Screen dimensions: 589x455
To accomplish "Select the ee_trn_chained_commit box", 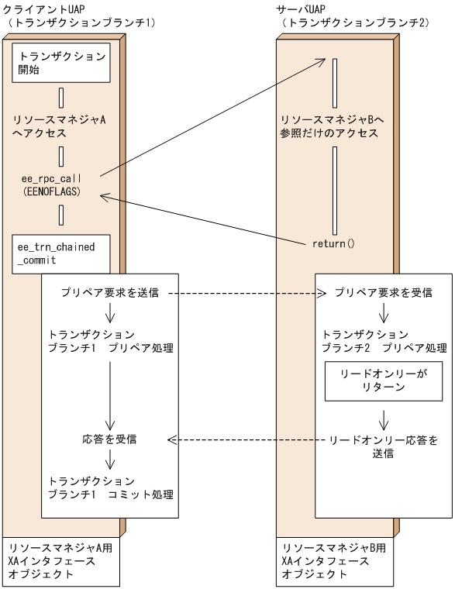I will [x=60, y=252].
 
